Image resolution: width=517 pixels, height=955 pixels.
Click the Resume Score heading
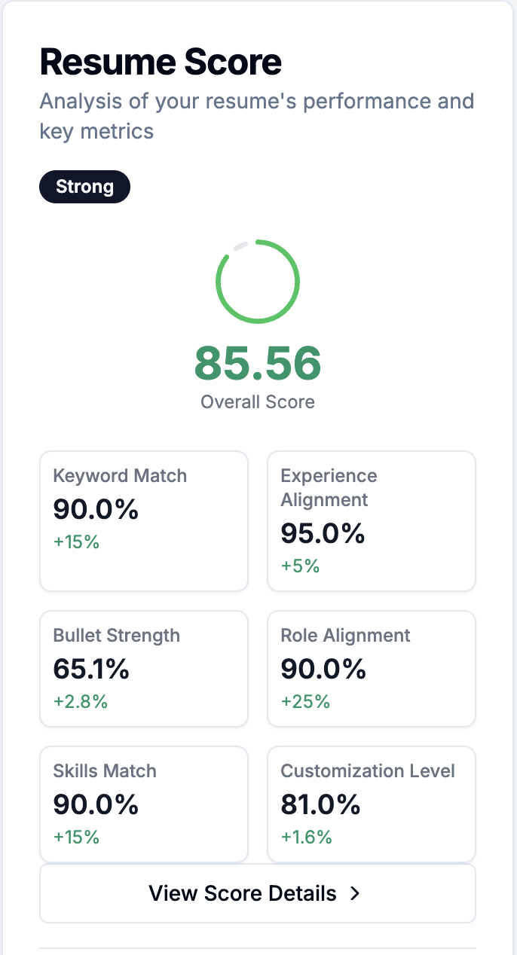click(x=161, y=62)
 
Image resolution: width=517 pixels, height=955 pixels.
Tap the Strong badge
click(x=84, y=187)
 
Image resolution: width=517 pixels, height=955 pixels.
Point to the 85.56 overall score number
click(x=258, y=363)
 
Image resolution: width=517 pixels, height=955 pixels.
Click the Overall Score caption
click(x=258, y=402)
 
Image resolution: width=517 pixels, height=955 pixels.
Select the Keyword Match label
click(x=120, y=475)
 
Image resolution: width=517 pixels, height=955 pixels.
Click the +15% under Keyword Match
click(x=76, y=542)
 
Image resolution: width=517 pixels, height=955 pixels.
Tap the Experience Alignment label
click(x=329, y=487)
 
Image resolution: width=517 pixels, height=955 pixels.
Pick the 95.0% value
click(x=323, y=533)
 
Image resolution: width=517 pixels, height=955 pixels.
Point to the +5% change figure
click(x=300, y=566)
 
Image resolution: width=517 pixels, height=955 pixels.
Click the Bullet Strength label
click(x=117, y=635)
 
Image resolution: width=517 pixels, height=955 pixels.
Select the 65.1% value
click(x=91, y=669)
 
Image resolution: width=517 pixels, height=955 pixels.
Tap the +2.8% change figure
click(x=80, y=701)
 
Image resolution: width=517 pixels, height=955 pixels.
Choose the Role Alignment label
click(x=345, y=635)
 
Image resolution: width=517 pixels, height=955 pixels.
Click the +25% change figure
click(x=305, y=701)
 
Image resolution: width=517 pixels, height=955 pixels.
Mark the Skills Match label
click(x=105, y=770)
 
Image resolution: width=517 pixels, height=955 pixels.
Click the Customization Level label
click(x=368, y=770)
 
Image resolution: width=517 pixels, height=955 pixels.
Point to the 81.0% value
click(x=321, y=804)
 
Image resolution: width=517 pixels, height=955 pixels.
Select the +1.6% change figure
click(x=306, y=837)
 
